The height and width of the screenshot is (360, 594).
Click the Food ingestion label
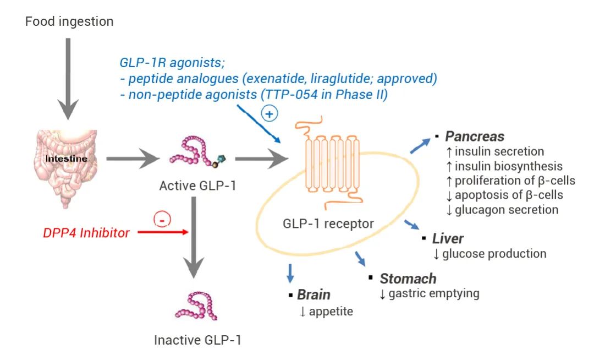pos(69,22)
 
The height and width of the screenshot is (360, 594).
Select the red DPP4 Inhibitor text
pos(86,233)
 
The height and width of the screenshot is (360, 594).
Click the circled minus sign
pos(163,220)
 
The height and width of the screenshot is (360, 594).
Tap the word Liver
pos(448,239)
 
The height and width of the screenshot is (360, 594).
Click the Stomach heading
pos(408,279)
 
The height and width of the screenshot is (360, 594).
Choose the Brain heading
pos(313,294)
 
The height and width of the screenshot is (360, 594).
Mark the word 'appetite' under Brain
pos(331,312)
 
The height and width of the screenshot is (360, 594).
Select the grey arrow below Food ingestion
pos(68,77)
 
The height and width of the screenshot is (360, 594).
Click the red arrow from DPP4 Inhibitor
pos(163,232)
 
